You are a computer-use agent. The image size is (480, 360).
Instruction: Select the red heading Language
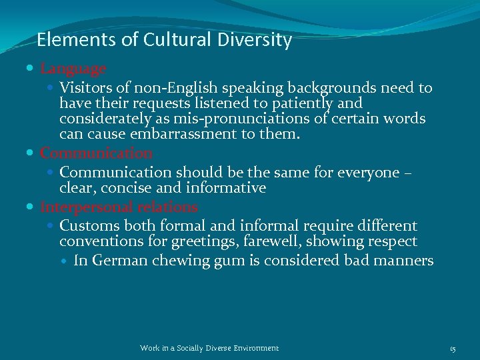[x=73, y=69]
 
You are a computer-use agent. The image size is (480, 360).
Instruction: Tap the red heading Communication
[x=96, y=153]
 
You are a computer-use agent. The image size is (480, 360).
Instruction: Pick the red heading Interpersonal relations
[x=119, y=207]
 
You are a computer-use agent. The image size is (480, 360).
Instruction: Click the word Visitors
[x=85, y=88]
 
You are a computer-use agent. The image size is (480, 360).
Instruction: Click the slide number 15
[x=452, y=348]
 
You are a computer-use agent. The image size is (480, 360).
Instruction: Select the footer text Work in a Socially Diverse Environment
[x=209, y=348]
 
